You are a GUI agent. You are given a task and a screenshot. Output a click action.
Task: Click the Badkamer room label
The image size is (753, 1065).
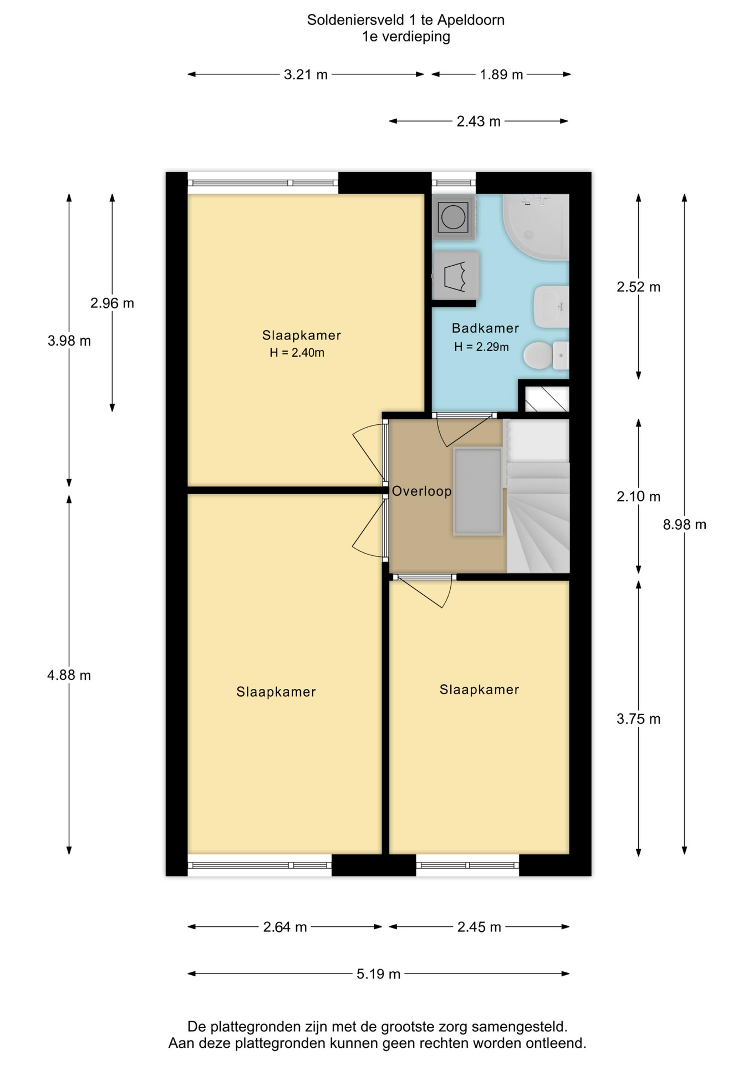coord(485,328)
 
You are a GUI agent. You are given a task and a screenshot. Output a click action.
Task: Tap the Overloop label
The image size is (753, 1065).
coord(422,491)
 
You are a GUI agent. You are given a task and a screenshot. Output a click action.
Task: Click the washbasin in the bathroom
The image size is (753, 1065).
coord(551,306)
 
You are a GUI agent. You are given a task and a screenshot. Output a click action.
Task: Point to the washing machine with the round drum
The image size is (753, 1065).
coord(454,217)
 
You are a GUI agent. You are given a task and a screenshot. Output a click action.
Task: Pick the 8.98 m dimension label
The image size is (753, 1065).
coord(684,524)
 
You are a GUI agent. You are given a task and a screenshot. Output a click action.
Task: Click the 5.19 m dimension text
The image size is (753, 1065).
coord(378,974)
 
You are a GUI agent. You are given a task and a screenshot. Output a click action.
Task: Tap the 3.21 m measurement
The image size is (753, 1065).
coord(306,74)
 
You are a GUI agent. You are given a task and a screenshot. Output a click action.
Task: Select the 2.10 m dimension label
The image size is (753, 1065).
coord(638,496)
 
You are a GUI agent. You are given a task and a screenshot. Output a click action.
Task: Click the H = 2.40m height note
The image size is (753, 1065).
coord(297,353)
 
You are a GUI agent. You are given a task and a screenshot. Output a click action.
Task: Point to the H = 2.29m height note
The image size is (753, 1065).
coord(481,347)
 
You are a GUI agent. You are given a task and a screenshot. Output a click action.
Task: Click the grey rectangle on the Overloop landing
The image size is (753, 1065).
coord(478,491)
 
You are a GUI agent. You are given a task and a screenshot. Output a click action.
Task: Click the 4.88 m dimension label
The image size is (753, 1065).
coord(69,675)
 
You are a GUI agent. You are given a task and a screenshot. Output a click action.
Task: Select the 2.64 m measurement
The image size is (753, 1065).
coord(285,927)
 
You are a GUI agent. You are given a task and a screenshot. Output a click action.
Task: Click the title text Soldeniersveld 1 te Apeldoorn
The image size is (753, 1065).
coord(406,20)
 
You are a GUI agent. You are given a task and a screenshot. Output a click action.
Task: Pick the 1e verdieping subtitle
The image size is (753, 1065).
coord(406,37)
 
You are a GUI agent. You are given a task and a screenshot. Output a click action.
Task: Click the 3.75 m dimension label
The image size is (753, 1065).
coord(638,719)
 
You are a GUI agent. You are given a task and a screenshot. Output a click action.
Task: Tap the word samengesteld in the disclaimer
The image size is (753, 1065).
coord(518,1026)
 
